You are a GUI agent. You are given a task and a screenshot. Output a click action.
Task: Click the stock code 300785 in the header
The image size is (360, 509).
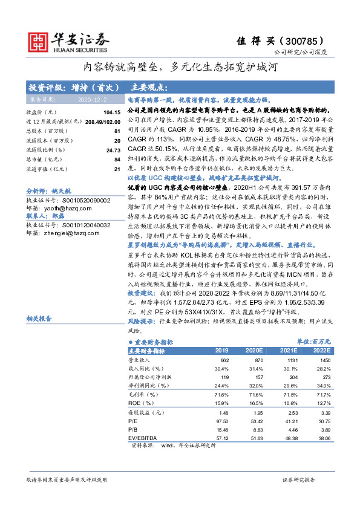tap(316, 42)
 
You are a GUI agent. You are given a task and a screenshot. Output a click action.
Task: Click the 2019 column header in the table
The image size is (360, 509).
tap(222, 350)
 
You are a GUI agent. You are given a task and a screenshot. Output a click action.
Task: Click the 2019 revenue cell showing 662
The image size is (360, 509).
tap(223, 360)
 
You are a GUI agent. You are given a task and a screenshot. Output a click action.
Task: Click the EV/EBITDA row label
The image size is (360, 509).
tap(141, 437)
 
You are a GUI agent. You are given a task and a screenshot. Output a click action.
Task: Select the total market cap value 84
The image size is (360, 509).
tap(117, 159)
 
